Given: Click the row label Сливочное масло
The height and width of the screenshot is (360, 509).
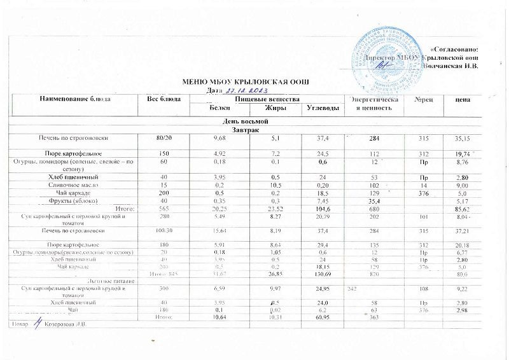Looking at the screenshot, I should pos(76,184).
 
